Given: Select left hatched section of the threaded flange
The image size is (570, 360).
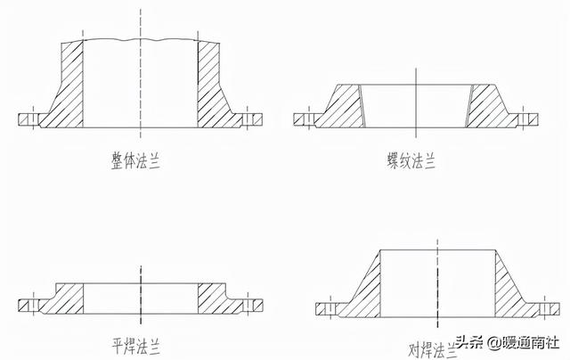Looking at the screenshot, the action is (x=343, y=105).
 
